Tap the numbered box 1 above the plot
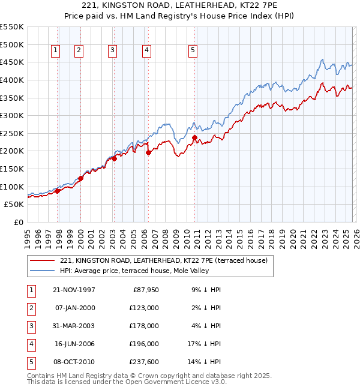click(55, 51)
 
